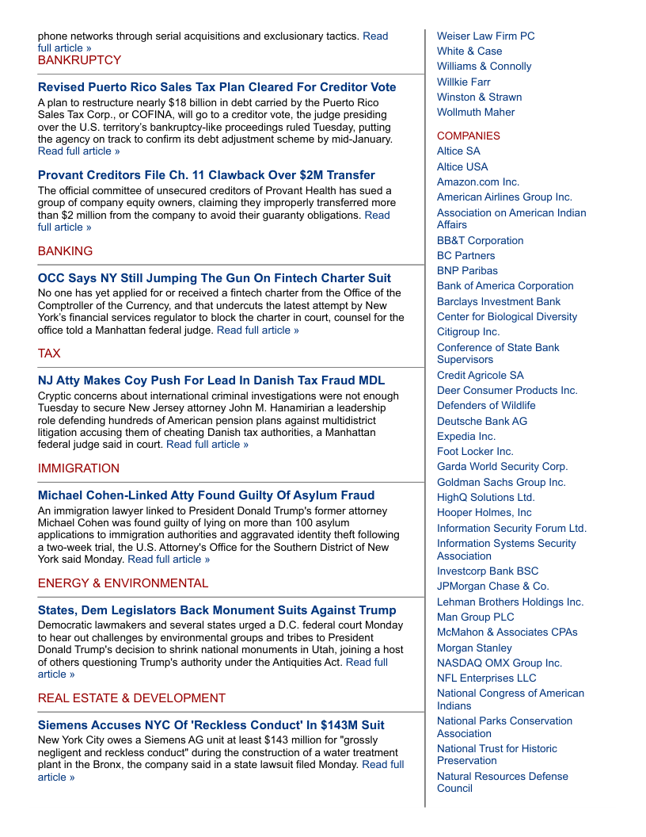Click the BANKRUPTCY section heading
point(79,60)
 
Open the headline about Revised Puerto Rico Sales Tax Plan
point(217,87)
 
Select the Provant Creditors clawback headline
point(206,175)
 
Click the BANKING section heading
point(65,251)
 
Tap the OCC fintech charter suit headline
point(214,278)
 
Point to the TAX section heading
point(49,354)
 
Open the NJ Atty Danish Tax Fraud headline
point(211,380)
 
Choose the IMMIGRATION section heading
point(78,468)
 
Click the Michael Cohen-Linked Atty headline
point(206,495)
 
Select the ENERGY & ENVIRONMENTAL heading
point(123,583)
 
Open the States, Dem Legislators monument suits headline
point(217,610)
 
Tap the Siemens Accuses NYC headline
point(211,725)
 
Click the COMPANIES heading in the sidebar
point(468,136)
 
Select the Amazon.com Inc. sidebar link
point(478,182)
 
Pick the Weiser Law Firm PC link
point(485,36)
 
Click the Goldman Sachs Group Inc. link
point(501,482)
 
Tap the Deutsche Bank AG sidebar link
point(481,421)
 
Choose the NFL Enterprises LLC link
point(486,678)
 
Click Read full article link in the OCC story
point(257,330)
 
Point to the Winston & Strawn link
point(479,97)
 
